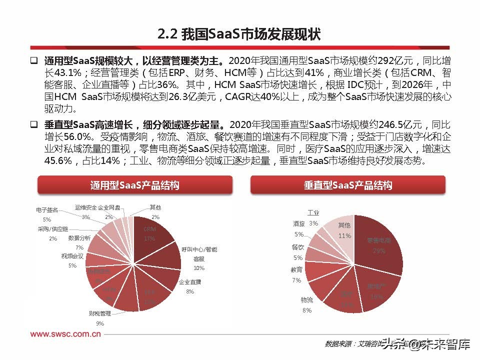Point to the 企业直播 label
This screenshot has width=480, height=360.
tap(190, 282)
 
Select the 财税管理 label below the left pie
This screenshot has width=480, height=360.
tap(100, 313)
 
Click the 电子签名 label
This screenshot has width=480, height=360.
tap(47, 209)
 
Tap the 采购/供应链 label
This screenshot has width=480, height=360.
tap(52, 229)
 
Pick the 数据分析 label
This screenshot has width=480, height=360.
tap(79, 238)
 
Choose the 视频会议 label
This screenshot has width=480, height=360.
tap(72, 256)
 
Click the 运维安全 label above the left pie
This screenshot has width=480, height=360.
tap(85, 207)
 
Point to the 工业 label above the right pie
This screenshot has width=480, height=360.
tap(313, 213)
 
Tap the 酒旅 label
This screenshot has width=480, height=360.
tap(298, 224)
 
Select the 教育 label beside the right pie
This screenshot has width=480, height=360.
tap(296, 269)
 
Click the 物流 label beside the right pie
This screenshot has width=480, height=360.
tap(307, 300)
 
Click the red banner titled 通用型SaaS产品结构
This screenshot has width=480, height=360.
tap(134, 185)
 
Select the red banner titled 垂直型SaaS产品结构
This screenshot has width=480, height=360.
tap(347, 185)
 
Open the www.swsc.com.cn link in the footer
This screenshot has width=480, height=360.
tap(66, 334)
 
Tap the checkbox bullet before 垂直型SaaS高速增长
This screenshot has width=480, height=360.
tap(33, 124)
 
